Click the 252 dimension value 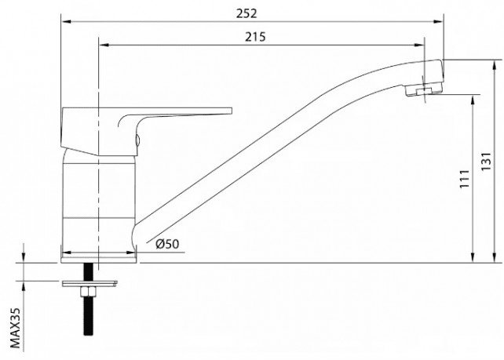tap(247, 13)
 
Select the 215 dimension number tap(256, 37)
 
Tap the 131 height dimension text tap(486, 162)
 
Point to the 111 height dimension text tap(465, 179)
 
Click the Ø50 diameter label tap(167, 244)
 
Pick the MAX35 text tap(15, 328)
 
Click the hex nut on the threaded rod tap(88, 292)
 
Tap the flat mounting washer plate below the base tap(89, 283)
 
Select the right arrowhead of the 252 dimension tap(438, 22)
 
